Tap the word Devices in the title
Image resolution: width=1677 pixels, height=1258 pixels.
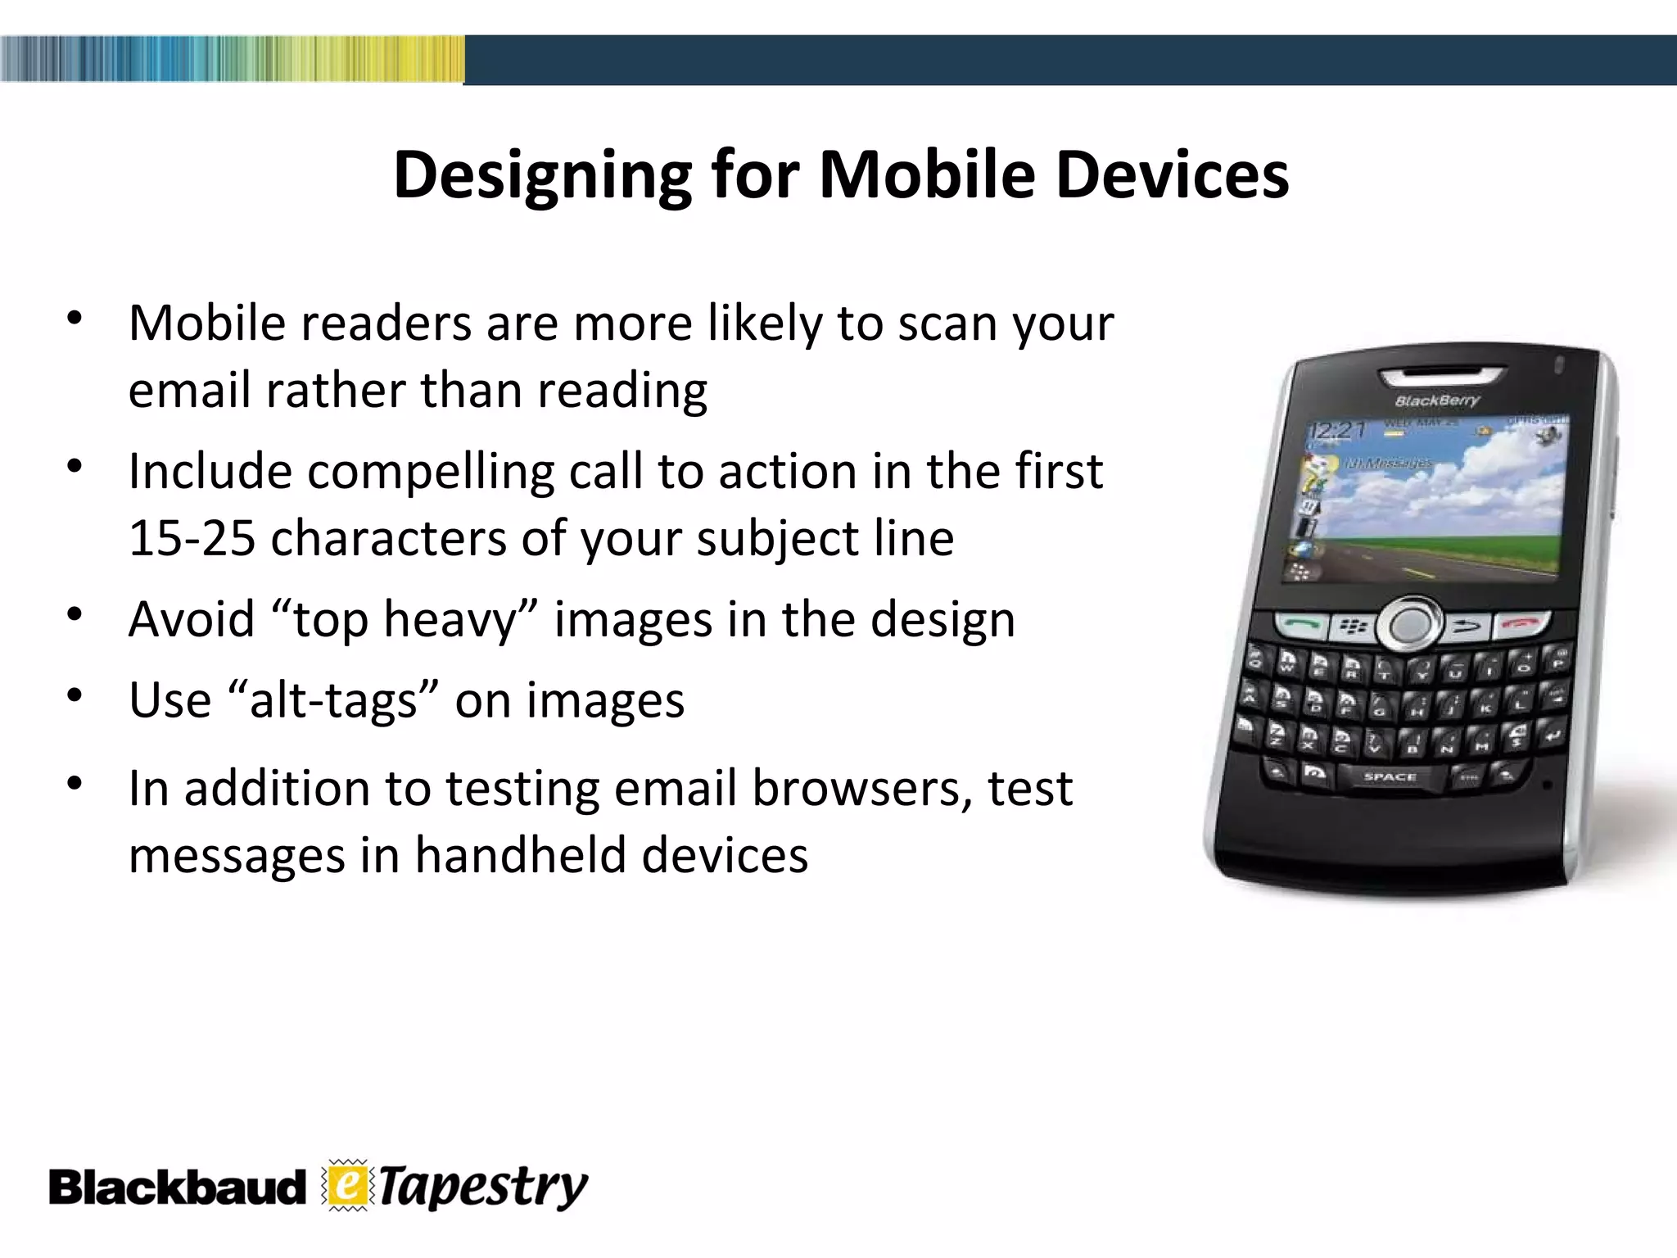tap(1173, 175)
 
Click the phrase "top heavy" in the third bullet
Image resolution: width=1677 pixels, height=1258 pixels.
tap(405, 620)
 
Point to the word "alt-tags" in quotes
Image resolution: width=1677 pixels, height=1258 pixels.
tap(331, 701)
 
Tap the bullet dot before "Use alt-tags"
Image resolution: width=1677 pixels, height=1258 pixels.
tap(75, 697)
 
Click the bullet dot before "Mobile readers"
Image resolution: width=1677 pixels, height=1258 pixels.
tap(75, 319)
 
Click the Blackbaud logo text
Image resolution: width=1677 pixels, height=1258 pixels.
tap(176, 1188)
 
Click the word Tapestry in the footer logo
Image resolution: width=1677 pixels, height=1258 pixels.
tap(483, 1188)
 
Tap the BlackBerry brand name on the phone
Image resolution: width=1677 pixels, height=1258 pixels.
tap(1437, 400)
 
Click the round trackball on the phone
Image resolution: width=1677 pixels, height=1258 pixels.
tap(1409, 625)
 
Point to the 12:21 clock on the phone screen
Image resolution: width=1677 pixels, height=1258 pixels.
tap(1337, 430)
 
